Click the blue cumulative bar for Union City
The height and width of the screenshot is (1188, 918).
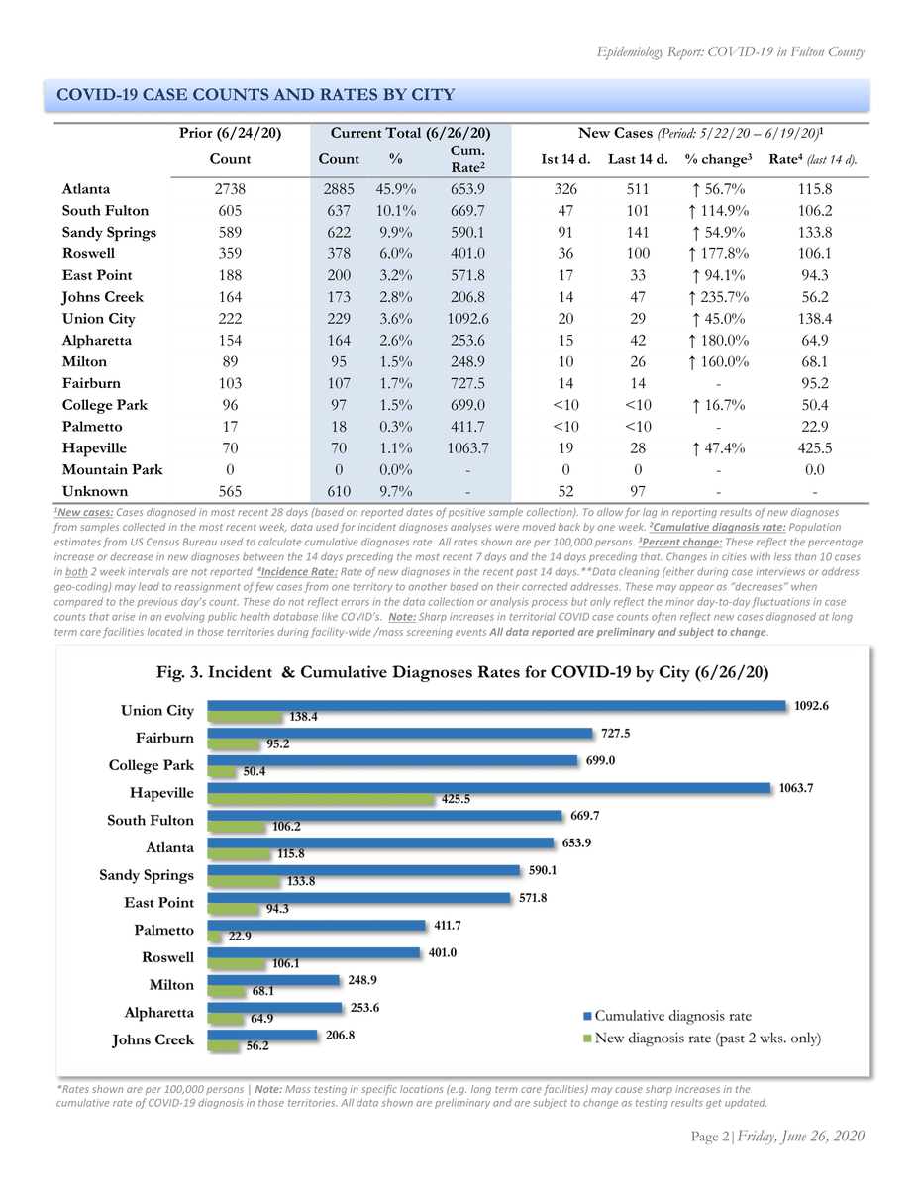click(x=495, y=707)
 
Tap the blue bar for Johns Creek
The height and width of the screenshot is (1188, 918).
click(x=265, y=1036)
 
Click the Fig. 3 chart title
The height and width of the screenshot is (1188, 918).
click(x=463, y=670)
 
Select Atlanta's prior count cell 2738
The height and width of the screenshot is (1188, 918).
click(x=230, y=188)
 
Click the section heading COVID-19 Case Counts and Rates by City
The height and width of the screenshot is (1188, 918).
click(x=256, y=95)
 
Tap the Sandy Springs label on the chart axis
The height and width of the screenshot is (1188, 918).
click(x=147, y=875)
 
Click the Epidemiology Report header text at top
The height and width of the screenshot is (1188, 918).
click(x=731, y=52)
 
